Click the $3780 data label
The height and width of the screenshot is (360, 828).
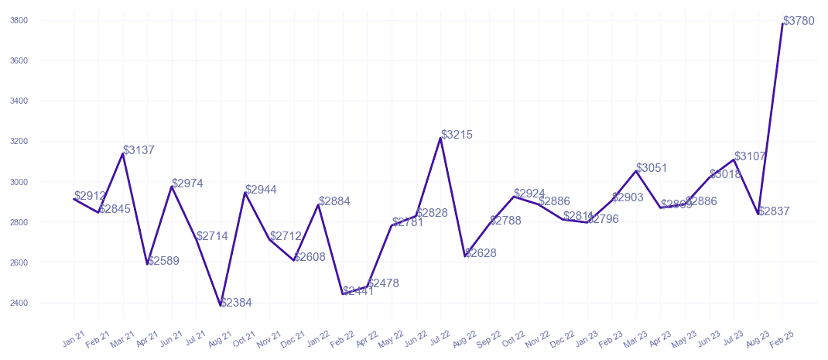pyautogui.click(x=799, y=21)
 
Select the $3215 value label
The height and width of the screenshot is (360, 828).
pyautogui.click(x=457, y=135)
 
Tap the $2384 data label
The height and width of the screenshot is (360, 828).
pyautogui.click(x=236, y=303)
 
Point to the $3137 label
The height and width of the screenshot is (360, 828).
pyautogui.click(x=139, y=150)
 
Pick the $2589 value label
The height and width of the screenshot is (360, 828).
pyautogui.click(x=163, y=261)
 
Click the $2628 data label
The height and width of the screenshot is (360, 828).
pyautogui.click(x=481, y=253)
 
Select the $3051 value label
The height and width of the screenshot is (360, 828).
pyautogui.click(x=652, y=168)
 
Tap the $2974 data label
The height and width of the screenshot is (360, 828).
pyautogui.click(x=188, y=183)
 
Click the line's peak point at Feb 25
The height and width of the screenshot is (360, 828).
pyautogui.click(x=782, y=24)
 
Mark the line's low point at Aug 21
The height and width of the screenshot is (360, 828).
pyautogui.click(x=221, y=306)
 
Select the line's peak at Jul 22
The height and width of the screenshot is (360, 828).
pyautogui.click(x=440, y=138)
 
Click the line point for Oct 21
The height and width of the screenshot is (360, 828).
pyautogui.click(x=245, y=193)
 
